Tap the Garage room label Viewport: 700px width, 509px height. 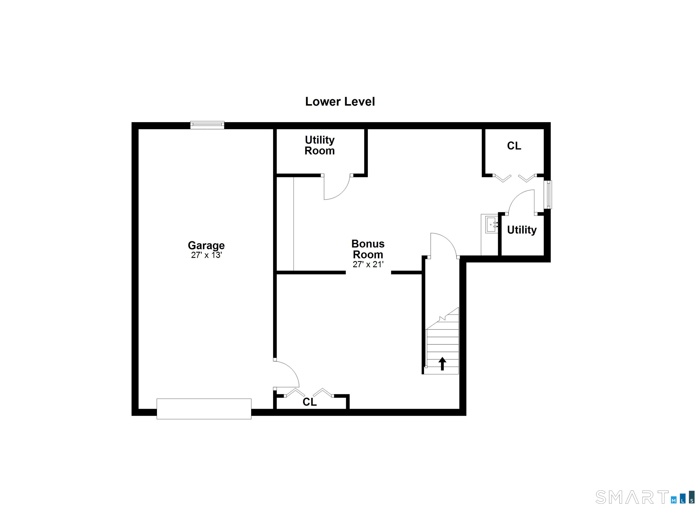tap(206, 245)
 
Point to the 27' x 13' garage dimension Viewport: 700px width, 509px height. tap(206, 255)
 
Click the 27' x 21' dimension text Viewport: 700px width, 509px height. tap(368, 265)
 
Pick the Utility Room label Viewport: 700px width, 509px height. tap(319, 145)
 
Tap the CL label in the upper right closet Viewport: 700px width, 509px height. tap(514, 146)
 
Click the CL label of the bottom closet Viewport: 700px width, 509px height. tap(310, 402)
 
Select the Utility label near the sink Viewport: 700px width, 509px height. tap(522, 230)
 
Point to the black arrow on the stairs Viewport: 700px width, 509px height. tap(442, 363)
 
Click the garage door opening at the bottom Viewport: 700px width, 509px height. tap(204, 409)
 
